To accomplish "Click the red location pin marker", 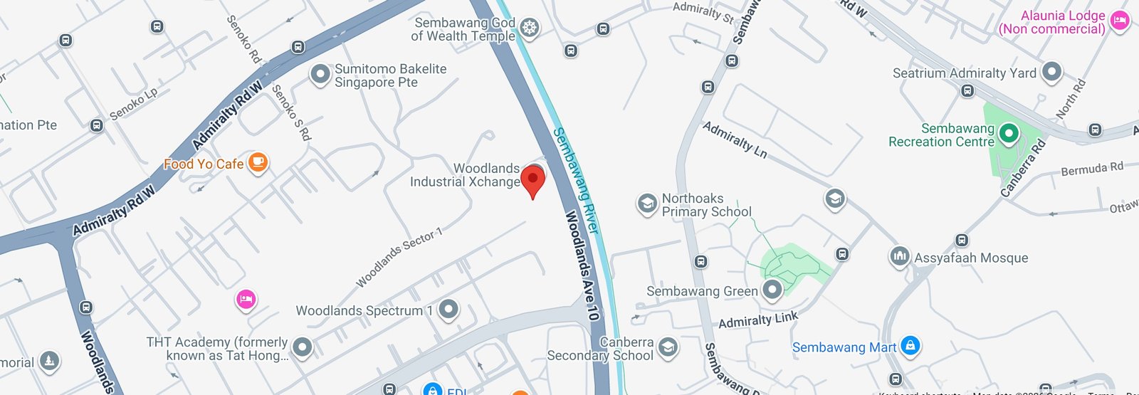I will click(532, 179).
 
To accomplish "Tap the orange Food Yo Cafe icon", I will click(258, 163).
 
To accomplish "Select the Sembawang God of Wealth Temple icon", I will click(528, 28).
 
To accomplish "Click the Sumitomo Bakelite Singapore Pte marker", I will click(320, 74).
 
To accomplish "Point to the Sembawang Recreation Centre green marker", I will click(1008, 133).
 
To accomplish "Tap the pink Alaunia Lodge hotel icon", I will click(1120, 21).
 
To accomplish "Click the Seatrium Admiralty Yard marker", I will click(1051, 72).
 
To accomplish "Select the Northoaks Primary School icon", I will click(646, 204).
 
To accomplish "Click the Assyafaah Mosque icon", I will click(900, 256).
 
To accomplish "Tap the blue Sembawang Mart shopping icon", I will click(910, 346).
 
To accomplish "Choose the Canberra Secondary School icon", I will click(668, 347).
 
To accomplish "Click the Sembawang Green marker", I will click(772, 290).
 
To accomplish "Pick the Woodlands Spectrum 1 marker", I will click(448, 310).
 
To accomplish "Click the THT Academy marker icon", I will click(303, 347).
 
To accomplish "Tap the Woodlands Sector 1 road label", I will click(399, 258).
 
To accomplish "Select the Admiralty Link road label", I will click(758, 320).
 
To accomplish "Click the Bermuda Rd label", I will click(1091, 169).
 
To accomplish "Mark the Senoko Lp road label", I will click(133, 105).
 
